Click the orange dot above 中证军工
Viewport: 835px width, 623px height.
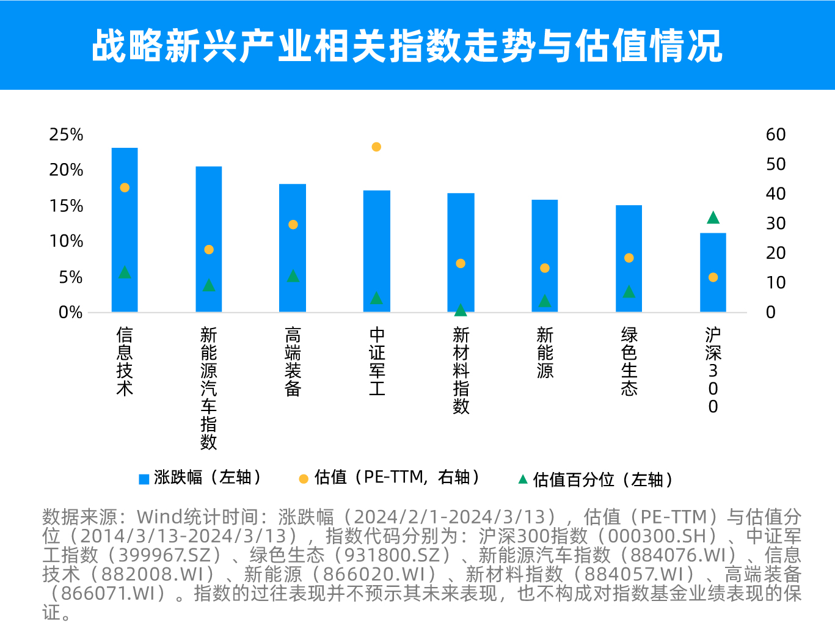point(376,147)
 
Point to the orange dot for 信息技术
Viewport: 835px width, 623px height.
point(125,188)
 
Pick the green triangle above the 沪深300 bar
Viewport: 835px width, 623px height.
point(713,217)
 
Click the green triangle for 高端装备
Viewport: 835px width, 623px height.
point(293,276)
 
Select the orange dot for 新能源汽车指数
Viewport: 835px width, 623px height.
point(209,249)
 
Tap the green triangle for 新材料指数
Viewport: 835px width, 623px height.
point(461,310)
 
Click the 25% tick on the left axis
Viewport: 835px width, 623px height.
point(66,134)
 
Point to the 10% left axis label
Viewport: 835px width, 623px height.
point(66,241)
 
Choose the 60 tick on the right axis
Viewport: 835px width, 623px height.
point(776,134)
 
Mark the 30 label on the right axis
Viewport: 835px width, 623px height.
point(776,224)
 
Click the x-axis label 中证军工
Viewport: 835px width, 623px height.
point(377,361)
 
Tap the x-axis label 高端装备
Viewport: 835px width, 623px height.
point(293,361)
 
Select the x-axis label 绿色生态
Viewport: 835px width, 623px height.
point(629,361)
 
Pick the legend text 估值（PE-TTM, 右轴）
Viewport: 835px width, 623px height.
point(397,478)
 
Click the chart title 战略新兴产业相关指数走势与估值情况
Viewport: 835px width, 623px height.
point(407,46)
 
